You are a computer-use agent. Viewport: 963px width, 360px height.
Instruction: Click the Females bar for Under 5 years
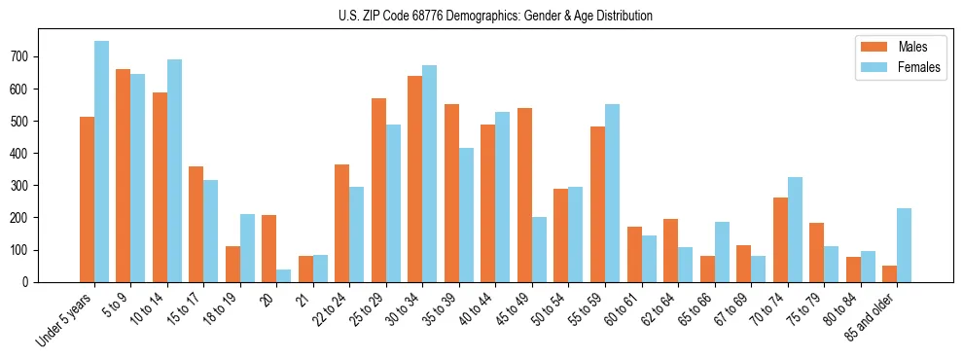pyautogui.click(x=101, y=162)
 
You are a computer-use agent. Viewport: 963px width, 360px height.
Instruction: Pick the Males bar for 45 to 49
pyautogui.click(x=524, y=195)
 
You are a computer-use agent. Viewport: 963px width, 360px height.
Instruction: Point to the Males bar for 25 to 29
pyautogui.click(x=378, y=190)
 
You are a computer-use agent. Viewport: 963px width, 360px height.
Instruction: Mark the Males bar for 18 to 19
pyautogui.click(x=232, y=264)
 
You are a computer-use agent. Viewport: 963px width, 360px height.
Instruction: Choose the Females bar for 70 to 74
pyautogui.click(x=795, y=230)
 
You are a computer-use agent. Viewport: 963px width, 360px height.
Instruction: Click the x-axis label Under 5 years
pyautogui.click(x=68, y=317)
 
